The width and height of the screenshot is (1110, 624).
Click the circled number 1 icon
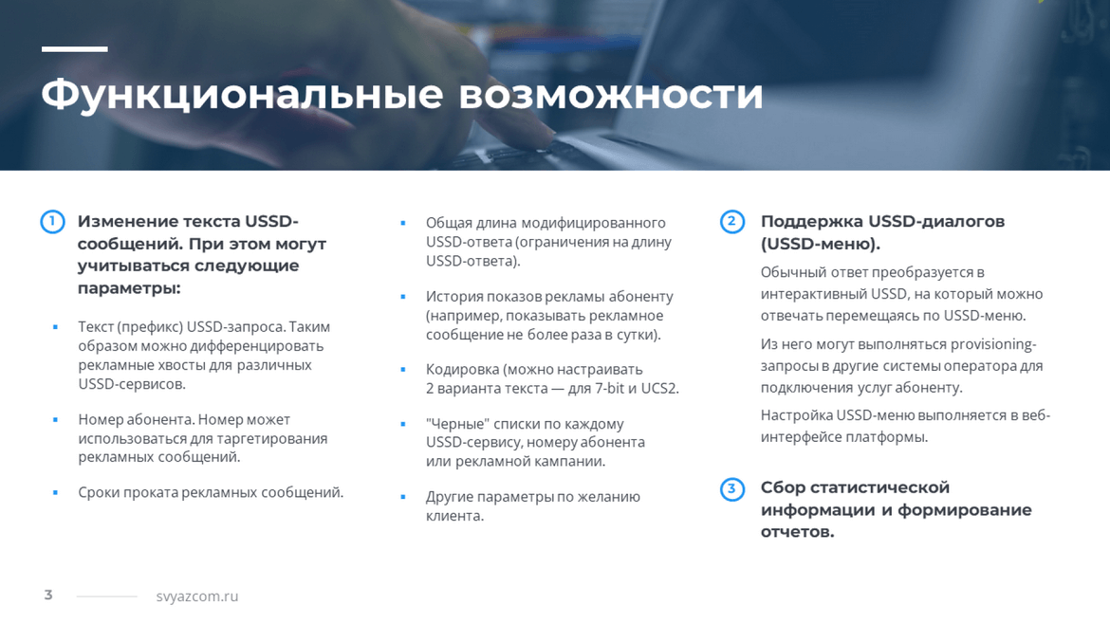click(52, 222)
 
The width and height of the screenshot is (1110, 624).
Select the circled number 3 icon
click(732, 488)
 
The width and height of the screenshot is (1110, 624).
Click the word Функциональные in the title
click(242, 94)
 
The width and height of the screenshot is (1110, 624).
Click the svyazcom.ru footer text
click(197, 596)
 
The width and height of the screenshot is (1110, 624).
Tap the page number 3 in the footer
click(48, 595)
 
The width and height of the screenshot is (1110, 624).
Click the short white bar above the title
click(74, 48)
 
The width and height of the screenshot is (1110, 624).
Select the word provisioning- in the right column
click(993, 344)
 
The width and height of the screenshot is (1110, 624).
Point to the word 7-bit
click(610, 389)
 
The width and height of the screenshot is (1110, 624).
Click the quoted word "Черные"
click(457, 424)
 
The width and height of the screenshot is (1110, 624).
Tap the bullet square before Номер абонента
click(55, 419)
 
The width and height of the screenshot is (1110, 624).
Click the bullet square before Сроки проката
click(55, 492)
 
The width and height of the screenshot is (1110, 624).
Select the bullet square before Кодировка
click(403, 369)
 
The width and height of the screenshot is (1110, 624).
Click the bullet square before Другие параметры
click(403, 497)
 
